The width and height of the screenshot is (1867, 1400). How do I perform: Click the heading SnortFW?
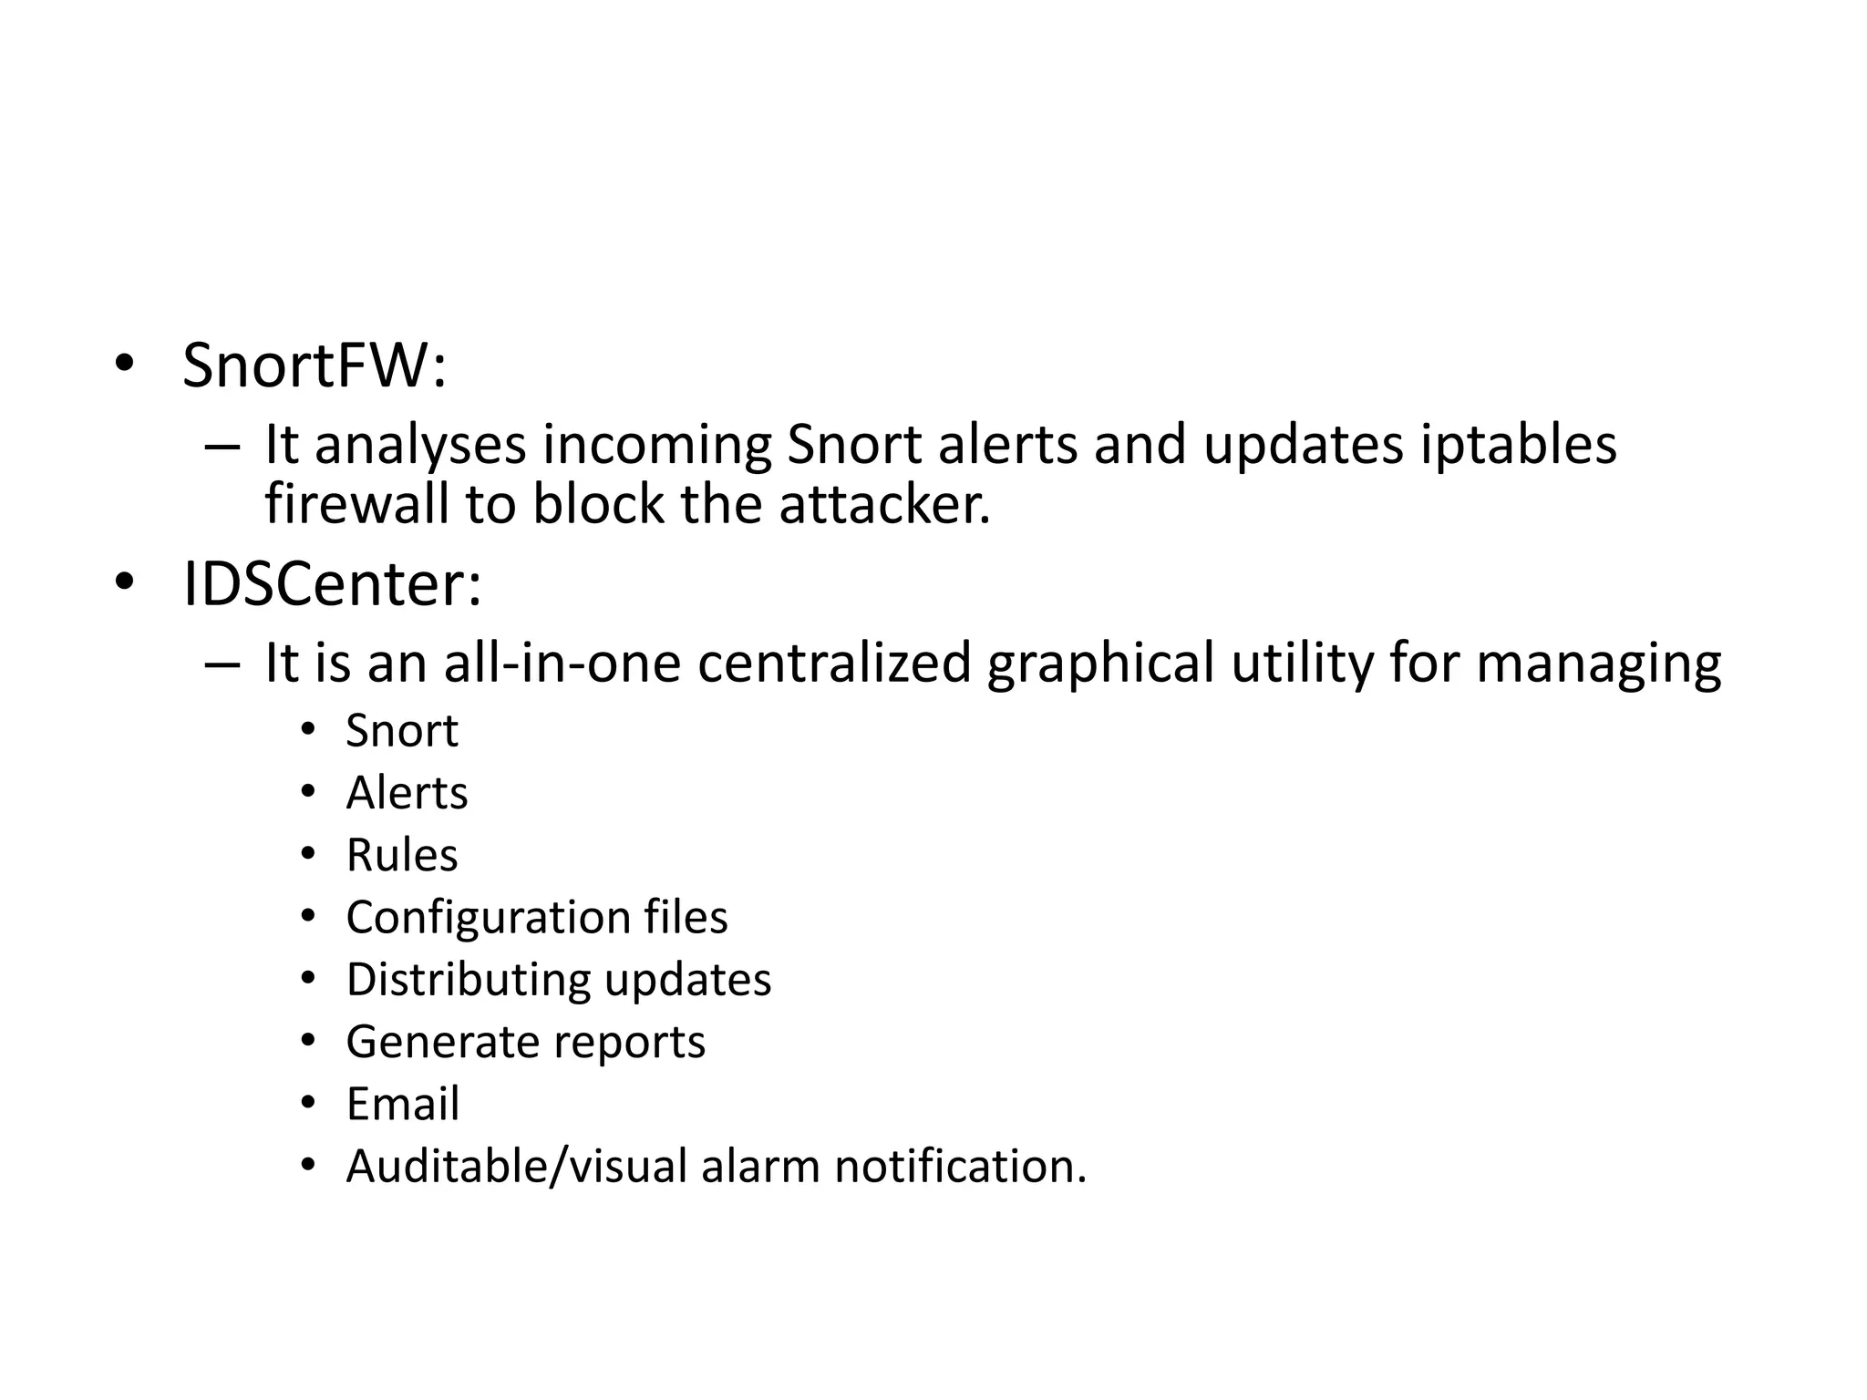(315, 366)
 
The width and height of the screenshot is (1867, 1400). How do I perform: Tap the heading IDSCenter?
(332, 584)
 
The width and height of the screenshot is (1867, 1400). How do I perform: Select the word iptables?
(1518, 445)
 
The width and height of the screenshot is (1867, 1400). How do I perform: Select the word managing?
(1598, 663)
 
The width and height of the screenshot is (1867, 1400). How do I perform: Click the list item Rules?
(402, 855)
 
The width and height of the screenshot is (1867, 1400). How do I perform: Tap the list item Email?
(403, 1104)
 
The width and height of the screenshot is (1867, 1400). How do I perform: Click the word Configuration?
(489, 917)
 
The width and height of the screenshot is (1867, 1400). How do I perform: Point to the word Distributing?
(468, 980)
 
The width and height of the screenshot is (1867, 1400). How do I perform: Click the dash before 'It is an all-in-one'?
(222, 663)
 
